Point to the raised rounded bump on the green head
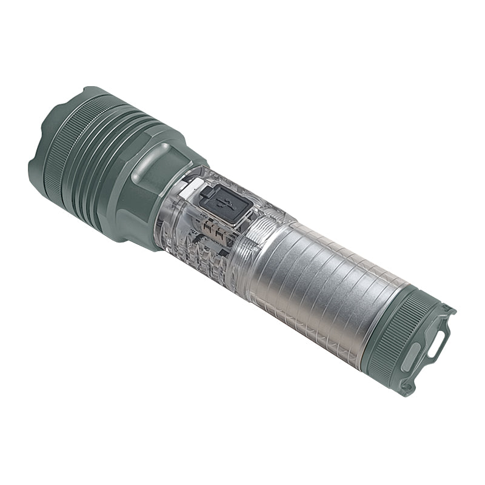click(149, 162)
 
